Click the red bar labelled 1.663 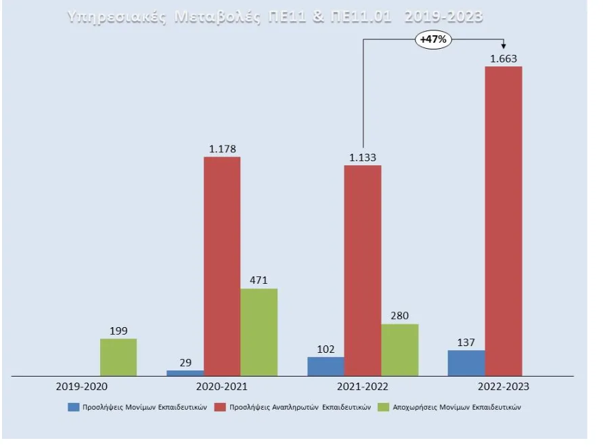(504, 221)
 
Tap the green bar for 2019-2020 (118, 357)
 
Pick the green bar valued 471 (259, 332)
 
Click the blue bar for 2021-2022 (326, 366)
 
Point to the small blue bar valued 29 (185, 372)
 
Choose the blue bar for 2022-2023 (466, 363)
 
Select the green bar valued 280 (400, 349)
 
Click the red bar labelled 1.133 (363, 270)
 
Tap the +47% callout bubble (433, 40)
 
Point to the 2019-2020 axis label (81, 387)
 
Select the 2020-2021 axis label (221, 387)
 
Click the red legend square (221, 408)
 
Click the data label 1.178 (222, 150)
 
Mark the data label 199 (119, 331)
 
